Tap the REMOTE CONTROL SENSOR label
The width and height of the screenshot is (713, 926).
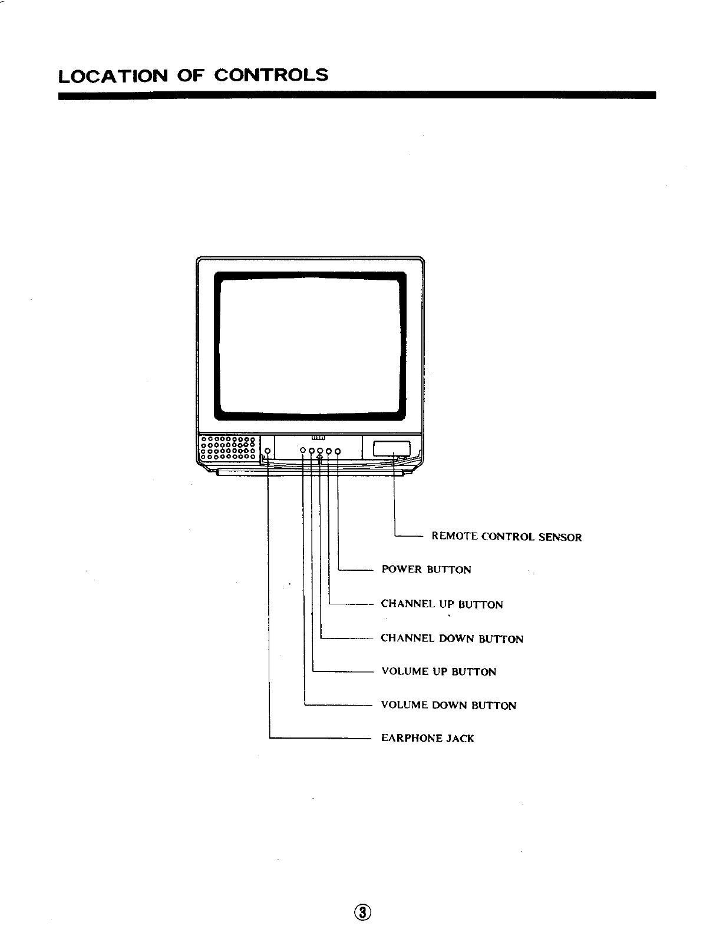point(506,537)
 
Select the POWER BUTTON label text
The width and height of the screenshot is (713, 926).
point(426,570)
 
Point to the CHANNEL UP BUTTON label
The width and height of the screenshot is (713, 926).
point(442,604)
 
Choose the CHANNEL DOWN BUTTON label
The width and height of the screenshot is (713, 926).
point(452,639)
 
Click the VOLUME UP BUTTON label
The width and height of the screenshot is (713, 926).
point(438,672)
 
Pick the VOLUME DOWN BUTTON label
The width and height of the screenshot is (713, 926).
point(448,705)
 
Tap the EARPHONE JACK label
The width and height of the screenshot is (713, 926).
point(427,738)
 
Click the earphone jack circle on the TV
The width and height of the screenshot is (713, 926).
point(268,451)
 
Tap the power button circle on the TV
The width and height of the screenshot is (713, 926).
point(338,451)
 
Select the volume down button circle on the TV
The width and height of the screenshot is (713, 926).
point(303,451)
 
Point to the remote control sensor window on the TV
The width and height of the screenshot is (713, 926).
point(392,449)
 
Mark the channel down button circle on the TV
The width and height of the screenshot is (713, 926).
point(320,451)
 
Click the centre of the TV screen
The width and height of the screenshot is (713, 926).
point(310,346)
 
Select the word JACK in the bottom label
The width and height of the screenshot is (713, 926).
point(460,738)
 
